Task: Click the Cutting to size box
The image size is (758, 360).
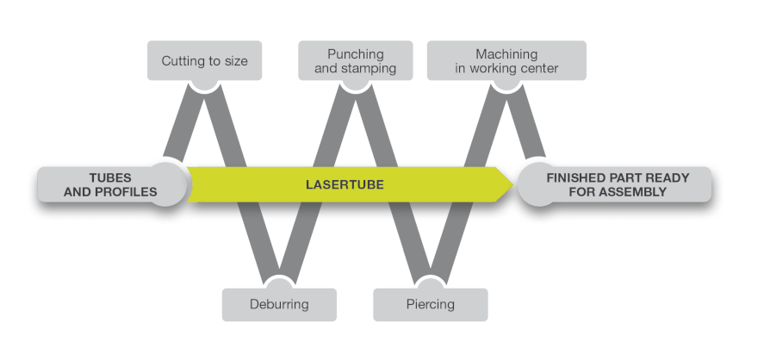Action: (x=204, y=61)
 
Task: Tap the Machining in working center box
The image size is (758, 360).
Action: (x=506, y=61)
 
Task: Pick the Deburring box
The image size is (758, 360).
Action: (x=279, y=304)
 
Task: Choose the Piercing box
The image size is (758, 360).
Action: (x=430, y=304)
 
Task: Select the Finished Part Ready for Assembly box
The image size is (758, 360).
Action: (x=618, y=185)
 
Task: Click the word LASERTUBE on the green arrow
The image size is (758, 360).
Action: (x=345, y=184)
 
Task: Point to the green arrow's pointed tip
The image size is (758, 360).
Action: (x=512, y=184)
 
